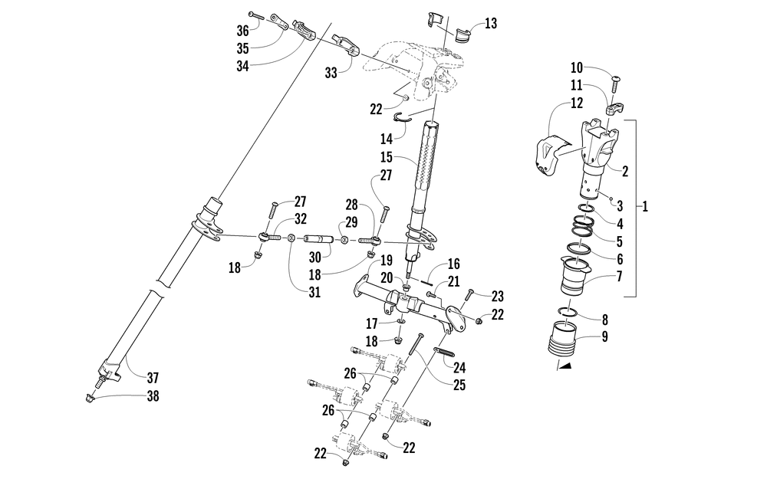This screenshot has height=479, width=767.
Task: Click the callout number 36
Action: tap(242, 31)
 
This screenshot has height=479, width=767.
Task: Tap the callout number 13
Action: tap(491, 24)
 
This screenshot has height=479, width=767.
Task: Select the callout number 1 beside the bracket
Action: tap(645, 206)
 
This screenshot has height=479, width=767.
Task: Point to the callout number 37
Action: tap(153, 378)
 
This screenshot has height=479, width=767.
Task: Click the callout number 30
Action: tap(314, 256)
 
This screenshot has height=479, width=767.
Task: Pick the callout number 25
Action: tap(459, 385)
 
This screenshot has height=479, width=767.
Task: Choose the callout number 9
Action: tap(604, 336)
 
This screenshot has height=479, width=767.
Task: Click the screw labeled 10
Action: tap(614, 84)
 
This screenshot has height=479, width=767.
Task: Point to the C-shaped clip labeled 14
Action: tap(401, 116)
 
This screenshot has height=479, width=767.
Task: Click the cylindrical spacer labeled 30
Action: tap(318, 239)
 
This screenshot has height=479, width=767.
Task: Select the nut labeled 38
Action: tap(90, 399)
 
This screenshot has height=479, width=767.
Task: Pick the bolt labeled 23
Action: tap(469, 295)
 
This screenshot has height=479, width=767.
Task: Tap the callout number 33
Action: tap(331, 73)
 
